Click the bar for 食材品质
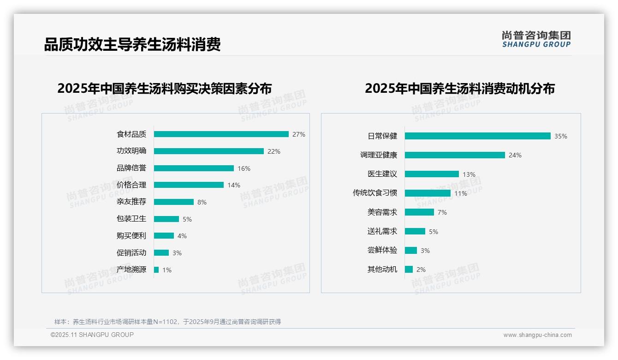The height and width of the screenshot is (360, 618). coord(221,134)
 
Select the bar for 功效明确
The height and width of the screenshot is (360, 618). coord(208,151)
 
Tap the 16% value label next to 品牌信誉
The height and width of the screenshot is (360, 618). coord(244,168)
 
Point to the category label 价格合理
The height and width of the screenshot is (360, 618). coord(131,185)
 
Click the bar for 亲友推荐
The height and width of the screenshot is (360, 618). coord(173,202)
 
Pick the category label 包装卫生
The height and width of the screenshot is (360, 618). coord(131,219)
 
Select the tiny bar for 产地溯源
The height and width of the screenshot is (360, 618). coord(156,270)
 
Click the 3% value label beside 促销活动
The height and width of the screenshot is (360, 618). coord(177,253)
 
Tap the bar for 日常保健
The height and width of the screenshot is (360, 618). coord(477,136)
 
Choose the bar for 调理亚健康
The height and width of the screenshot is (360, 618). coord(455,155)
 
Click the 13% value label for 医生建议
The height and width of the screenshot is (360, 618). coord(469,174)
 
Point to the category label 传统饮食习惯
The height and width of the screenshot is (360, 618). coord(374,193)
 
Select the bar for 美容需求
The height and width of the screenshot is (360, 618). coord(419,212)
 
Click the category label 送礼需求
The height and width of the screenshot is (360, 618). coord(382,231)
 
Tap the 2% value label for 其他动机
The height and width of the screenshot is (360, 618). coord(421,270)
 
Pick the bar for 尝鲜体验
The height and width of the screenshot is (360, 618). coord(410,250)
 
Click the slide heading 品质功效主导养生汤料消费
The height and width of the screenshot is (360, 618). coord(132,44)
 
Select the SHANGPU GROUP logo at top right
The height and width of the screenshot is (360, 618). coord(536,39)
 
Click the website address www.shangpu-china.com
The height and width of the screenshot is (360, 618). coord(537,335)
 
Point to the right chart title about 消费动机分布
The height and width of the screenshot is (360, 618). coord(459,89)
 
